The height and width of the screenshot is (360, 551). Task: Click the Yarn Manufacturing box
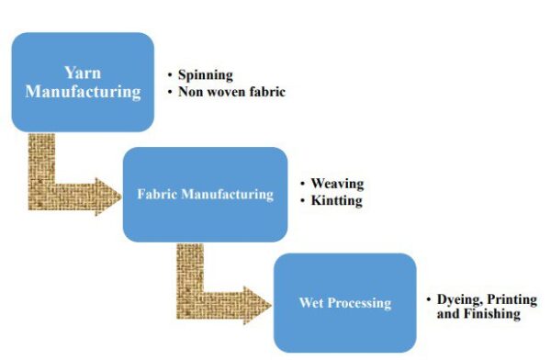tap(82, 82)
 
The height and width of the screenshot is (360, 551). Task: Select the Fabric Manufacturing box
tap(205, 194)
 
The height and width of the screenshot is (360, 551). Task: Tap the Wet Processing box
tap(344, 302)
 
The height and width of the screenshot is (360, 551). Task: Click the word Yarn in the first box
tap(82, 73)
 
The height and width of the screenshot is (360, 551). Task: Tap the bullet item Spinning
tap(207, 75)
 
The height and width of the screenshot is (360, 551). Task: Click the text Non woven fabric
tap(232, 92)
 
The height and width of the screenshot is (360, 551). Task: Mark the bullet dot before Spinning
tap(171, 75)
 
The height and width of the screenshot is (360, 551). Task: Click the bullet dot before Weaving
tap(303, 184)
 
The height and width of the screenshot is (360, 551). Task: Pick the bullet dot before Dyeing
tap(428, 300)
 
